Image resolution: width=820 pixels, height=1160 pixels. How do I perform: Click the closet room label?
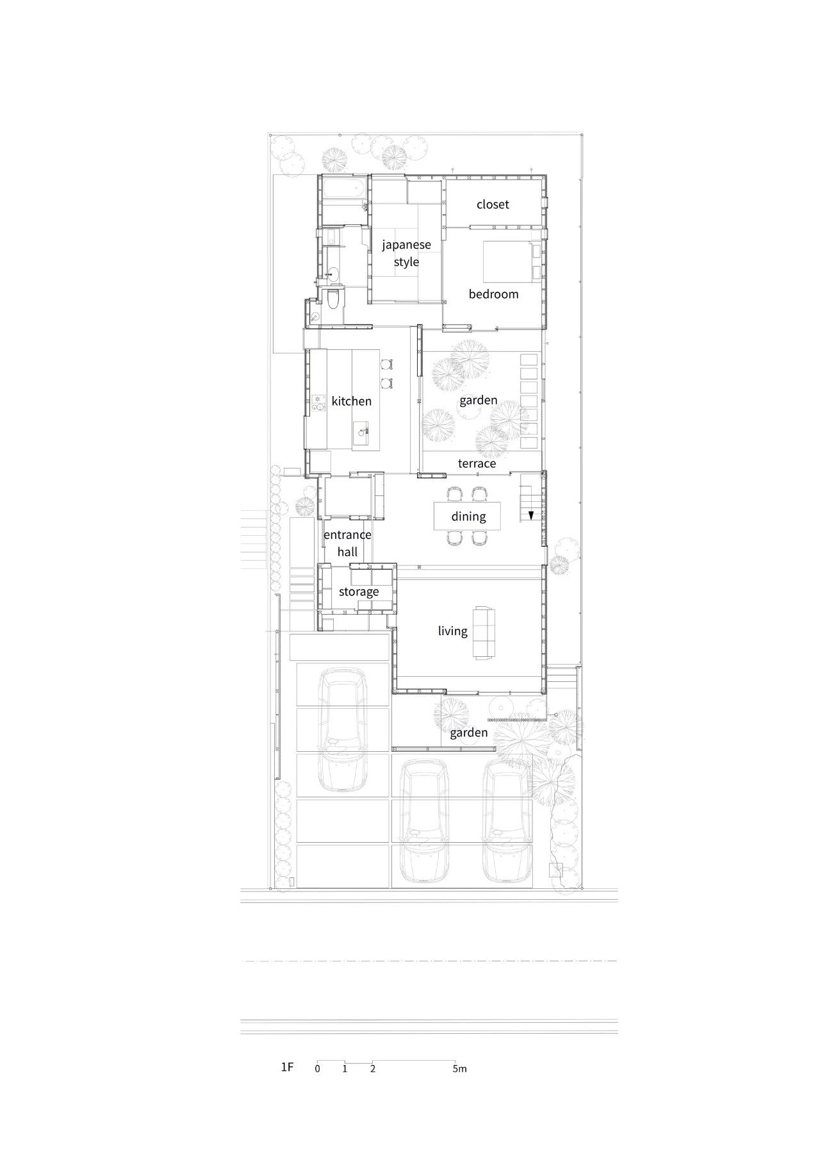click(x=493, y=204)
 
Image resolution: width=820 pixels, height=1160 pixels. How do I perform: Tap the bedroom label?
click(x=493, y=294)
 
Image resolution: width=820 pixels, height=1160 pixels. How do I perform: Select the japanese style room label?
click(x=406, y=253)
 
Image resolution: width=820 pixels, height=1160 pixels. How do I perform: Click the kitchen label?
click(x=351, y=401)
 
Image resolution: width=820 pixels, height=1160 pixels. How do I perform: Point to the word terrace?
click(x=477, y=463)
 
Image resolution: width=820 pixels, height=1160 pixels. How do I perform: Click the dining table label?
click(x=468, y=517)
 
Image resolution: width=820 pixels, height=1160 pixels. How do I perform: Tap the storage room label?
click(x=359, y=592)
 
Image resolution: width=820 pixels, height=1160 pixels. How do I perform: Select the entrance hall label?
click(x=347, y=543)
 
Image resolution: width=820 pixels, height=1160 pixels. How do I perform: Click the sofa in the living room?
click(x=484, y=633)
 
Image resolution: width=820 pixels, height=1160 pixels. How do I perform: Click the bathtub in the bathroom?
click(x=344, y=189)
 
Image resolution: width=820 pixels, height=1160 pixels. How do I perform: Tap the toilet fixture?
click(x=332, y=299)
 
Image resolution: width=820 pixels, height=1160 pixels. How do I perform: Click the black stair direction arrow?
click(x=531, y=515)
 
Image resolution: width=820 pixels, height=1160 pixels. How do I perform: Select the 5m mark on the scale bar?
click(x=459, y=1068)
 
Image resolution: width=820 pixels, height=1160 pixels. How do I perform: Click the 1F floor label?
click(x=286, y=1067)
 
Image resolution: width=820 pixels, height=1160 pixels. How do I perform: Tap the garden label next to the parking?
click(x=468, y=733)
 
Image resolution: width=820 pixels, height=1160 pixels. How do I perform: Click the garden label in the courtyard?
click(x=478, y=401)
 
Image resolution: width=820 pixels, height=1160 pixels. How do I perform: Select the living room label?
click(x=452, y=631)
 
